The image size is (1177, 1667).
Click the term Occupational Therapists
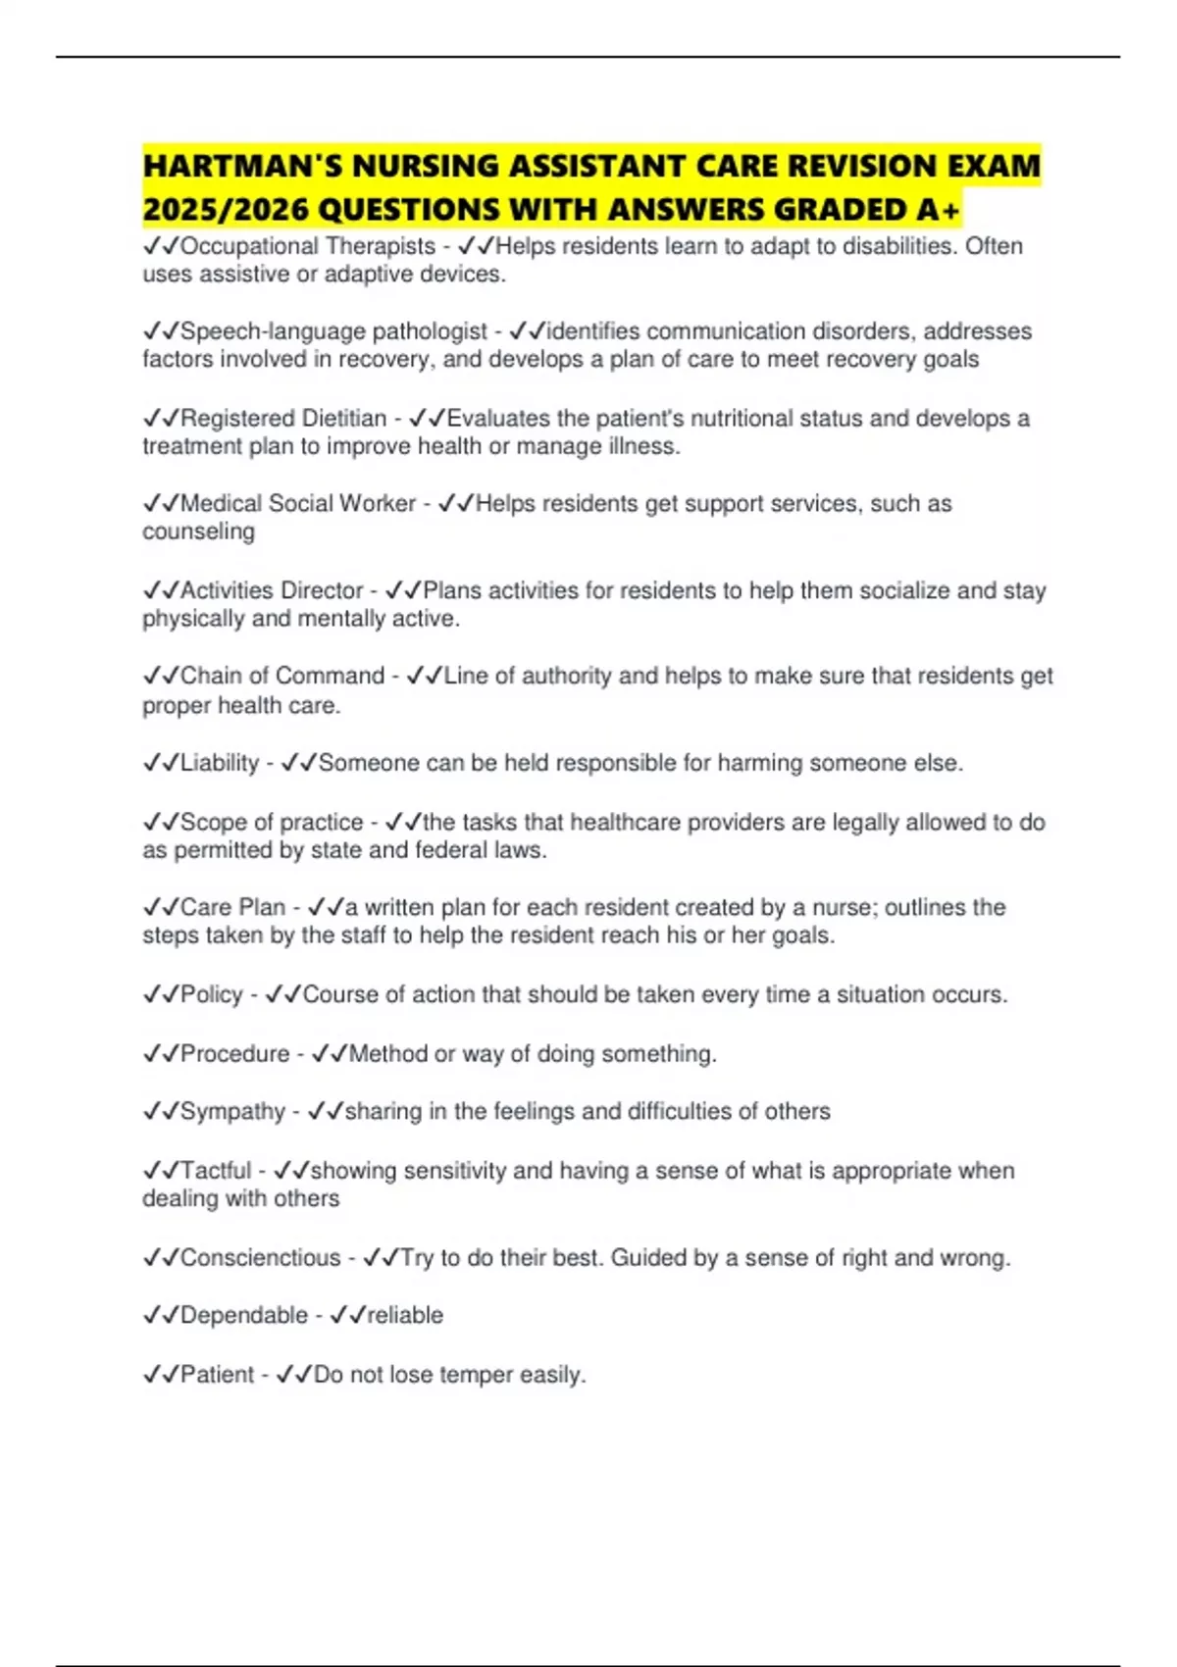pos(308,246)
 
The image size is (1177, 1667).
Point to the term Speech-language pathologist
pos(333,331)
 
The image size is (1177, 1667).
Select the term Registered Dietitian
pos(283,419)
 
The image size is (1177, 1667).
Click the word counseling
pos(198,531)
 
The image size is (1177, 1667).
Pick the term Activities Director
pos(272,590)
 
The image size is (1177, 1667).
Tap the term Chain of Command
pos(282,676)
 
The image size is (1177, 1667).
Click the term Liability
pos(220,763)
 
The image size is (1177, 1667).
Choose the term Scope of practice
pos(272,822)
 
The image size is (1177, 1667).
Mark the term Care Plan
pos(232,907)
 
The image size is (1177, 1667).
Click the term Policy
pos(211,994)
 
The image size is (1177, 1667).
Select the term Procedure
pos(234,1053)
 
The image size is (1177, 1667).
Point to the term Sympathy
pos(232,1111)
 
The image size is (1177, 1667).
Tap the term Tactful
pos(216,1170)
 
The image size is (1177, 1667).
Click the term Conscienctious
pos(260,1257)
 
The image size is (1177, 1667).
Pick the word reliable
pos(405,1315)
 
